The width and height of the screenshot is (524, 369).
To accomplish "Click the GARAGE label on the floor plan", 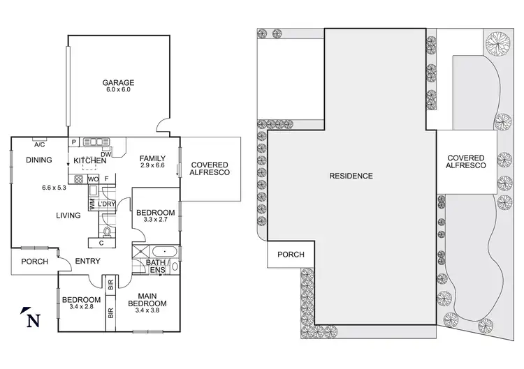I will click(x=118, y=82).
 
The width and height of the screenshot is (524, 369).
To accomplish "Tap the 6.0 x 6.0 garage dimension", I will click(x=118, y=89).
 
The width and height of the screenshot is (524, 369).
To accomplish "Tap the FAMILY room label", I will click(x=152, y=158).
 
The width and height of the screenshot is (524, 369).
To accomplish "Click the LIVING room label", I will click(x=68, y=216).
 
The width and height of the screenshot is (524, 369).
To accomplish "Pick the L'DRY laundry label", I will click(x=106, y=203).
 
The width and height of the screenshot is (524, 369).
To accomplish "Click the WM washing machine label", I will click(x=91, y=204).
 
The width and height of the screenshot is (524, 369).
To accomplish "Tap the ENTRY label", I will click(x=88, y=262).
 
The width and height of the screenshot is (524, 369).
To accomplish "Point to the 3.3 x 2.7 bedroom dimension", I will click(x=155, y=220).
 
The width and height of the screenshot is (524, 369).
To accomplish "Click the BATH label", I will click(x=154, y=262).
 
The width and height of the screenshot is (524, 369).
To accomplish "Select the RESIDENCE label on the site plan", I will click(x=351, y=176).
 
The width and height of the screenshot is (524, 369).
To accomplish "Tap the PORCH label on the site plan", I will click(x=291, y=255).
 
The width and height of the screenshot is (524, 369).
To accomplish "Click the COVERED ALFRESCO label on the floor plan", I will click(x=210, y=169).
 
